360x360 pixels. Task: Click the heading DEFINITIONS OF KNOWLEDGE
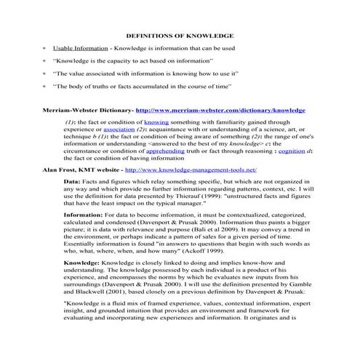(x=180, y=34)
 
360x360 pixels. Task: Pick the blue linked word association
(x=113, y=131)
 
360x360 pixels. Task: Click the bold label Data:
(x=72, y=181)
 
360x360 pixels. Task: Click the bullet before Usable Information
(x=45, y=48)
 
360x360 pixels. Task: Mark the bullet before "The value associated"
(x=45, y=74)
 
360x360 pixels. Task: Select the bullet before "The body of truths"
(x=45, y=87)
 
